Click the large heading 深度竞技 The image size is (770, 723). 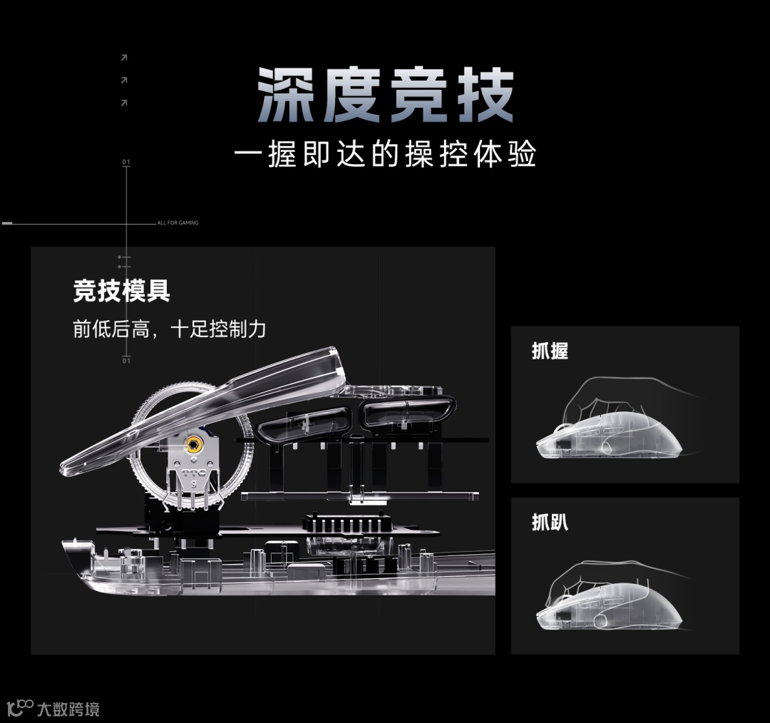point(386,95)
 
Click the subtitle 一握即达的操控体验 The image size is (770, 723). point(385,154)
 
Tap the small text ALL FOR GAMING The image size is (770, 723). point(178,223)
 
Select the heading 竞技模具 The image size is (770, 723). point(121,291)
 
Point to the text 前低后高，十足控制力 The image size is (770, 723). point(170,329)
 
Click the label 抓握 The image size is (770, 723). point(550,352)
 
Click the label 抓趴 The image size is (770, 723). point(550,522)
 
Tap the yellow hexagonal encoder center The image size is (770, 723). point(194,445)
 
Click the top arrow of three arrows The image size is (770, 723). point(124,58)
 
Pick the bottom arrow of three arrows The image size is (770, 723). point(124,103)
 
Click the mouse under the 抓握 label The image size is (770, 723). point(609,436)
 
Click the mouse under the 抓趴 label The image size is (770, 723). point(609,606)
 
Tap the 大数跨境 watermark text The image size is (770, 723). point(68,709)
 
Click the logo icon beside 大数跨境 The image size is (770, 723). point(20,708)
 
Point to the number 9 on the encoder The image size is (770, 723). point(194,484)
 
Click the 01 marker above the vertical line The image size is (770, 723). point(126,162)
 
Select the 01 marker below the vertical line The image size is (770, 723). point(126,361)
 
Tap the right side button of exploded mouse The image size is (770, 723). point(408,412)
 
